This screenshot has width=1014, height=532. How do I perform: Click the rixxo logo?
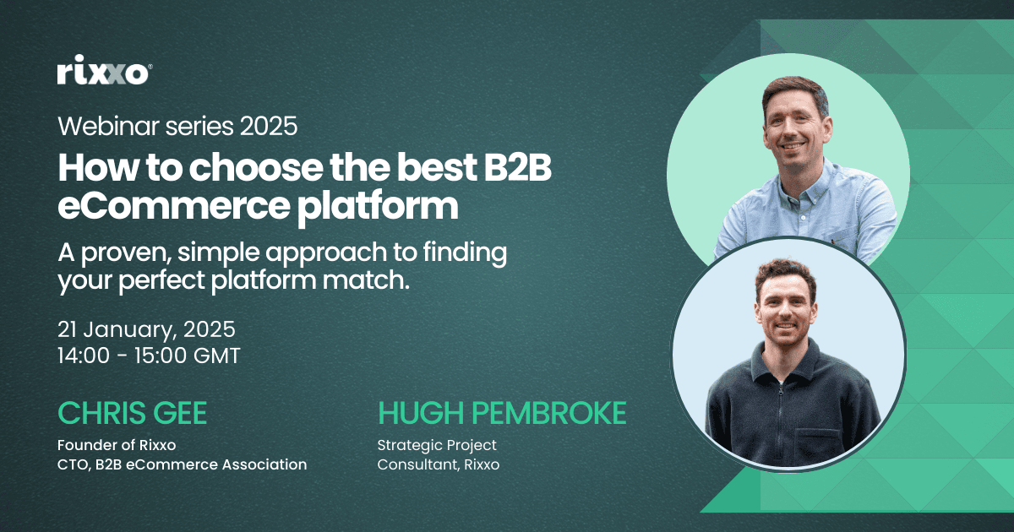coord(105,73)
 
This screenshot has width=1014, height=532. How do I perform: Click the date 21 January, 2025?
coord(146,328)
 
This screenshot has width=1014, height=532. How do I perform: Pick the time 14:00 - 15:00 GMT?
coord(149,356)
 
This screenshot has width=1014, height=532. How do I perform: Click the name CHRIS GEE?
coord(132,413)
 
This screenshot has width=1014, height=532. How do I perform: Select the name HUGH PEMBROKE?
coord(502,413)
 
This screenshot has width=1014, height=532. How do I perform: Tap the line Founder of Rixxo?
coord(117,445)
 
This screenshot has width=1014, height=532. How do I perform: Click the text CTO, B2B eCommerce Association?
coord(182,464)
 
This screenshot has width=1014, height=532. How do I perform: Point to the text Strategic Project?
coord(437,445)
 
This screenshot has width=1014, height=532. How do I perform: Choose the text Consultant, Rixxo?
coord(439,464)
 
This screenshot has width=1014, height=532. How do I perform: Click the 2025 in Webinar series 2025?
coord(268,127)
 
